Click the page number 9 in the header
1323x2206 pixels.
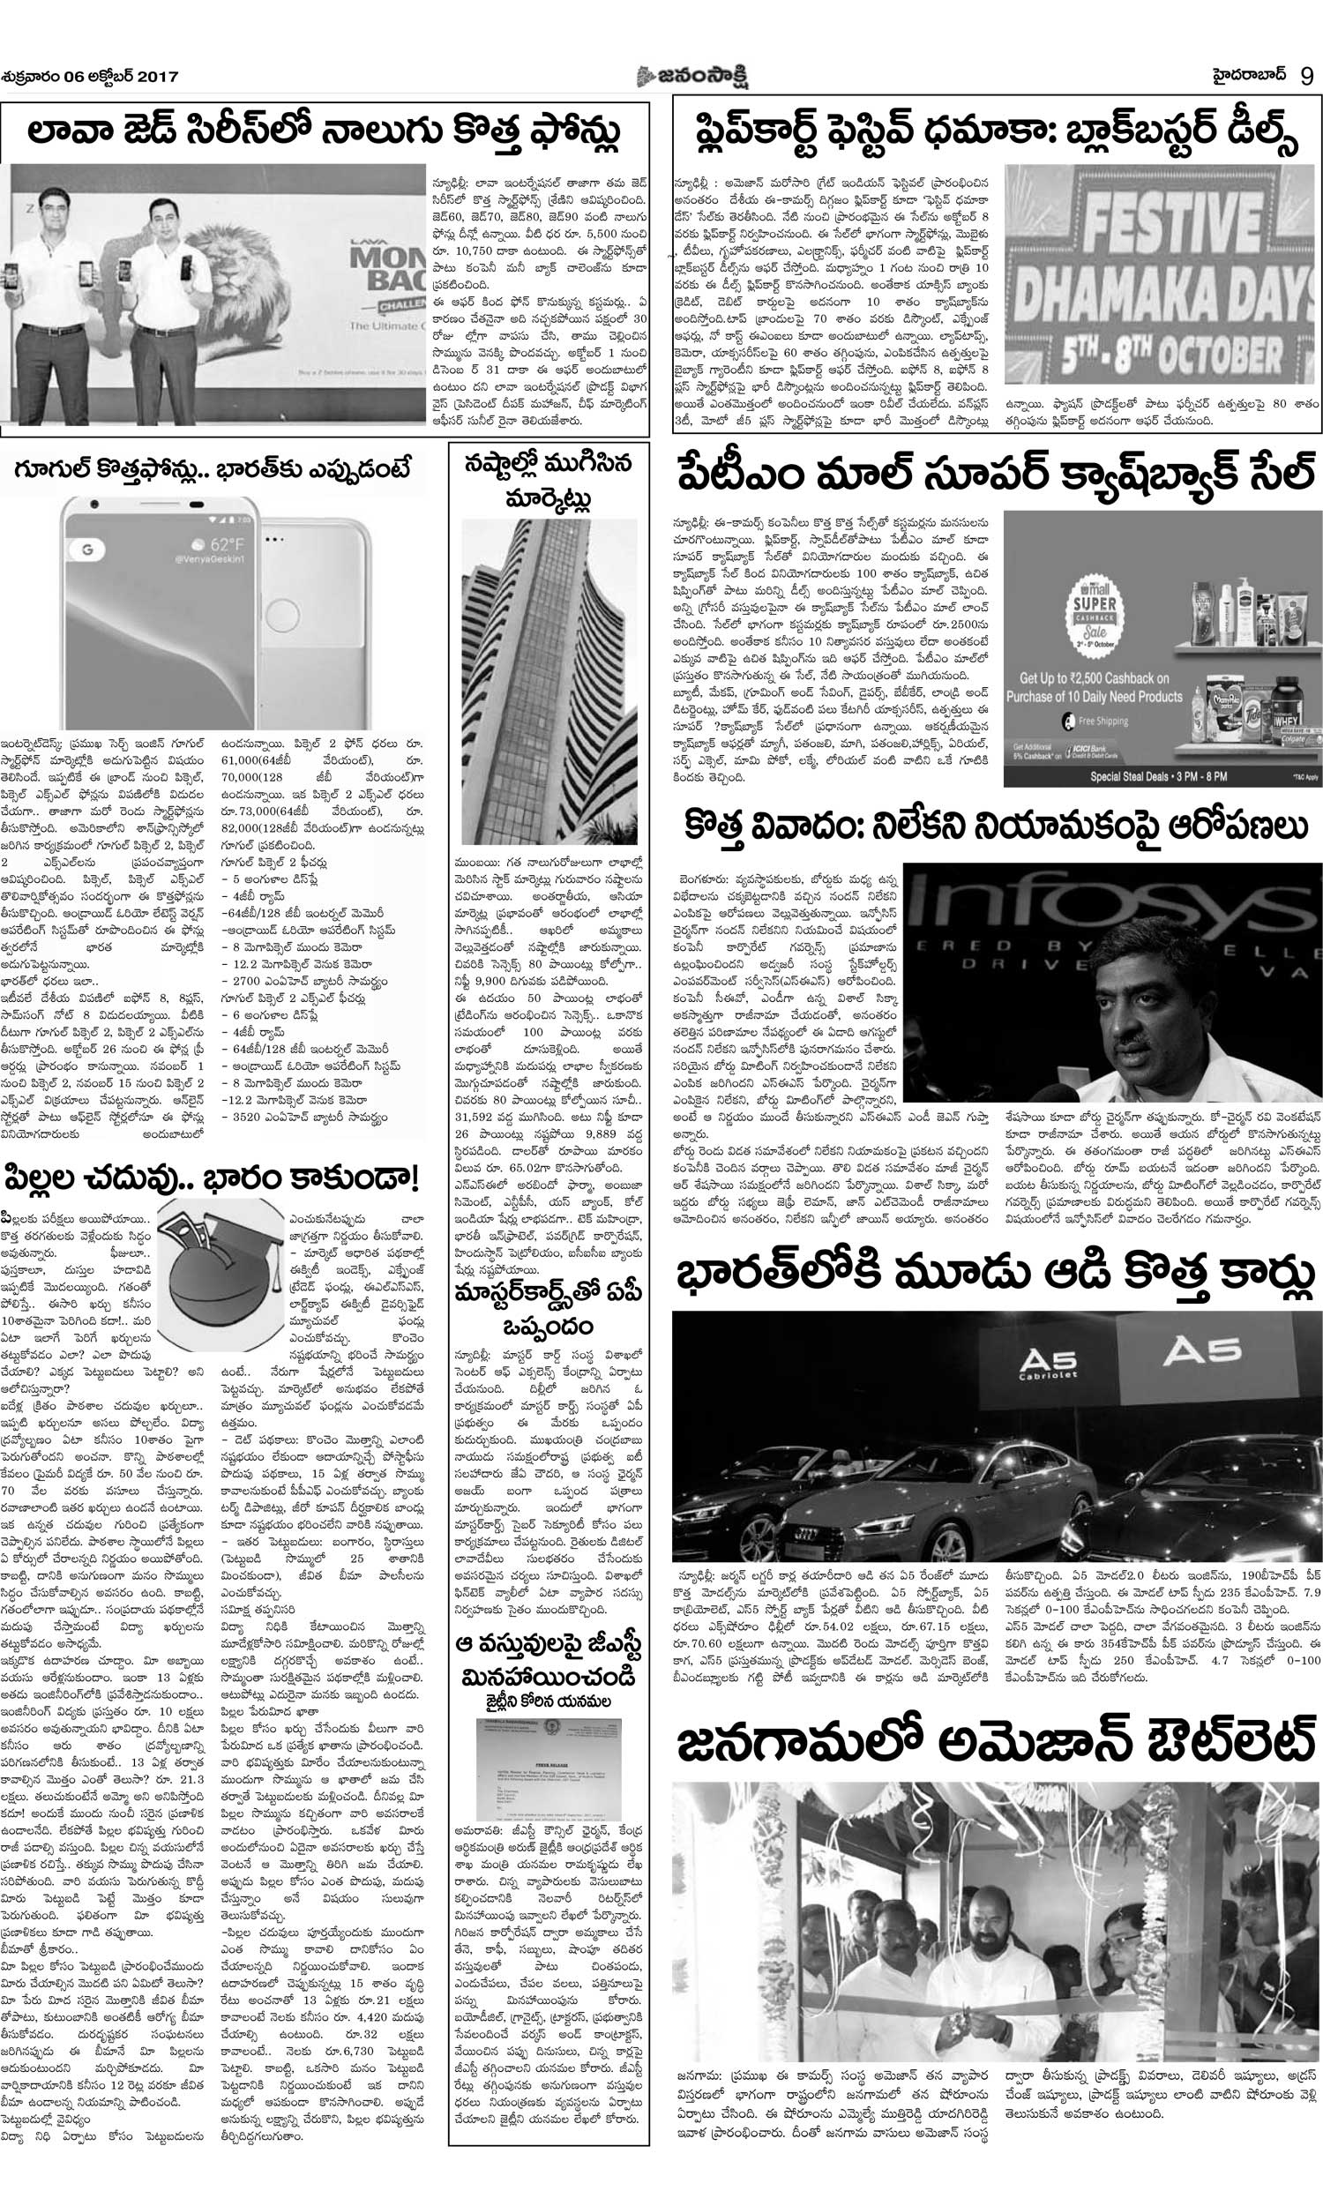[1306, 76]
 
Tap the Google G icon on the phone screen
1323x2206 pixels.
[87, 550]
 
